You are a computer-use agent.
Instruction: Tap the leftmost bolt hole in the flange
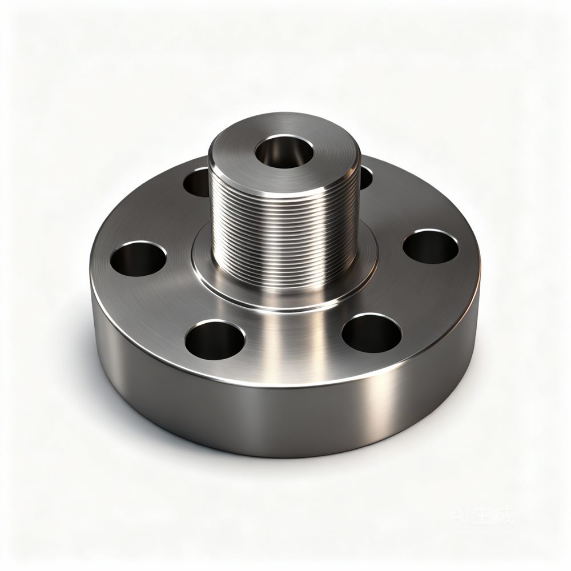pos(138,259)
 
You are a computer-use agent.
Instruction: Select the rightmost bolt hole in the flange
pos(431,247)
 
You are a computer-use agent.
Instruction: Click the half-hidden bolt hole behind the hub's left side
pos(197,182)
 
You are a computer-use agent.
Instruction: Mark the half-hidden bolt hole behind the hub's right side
pos(365,178)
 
